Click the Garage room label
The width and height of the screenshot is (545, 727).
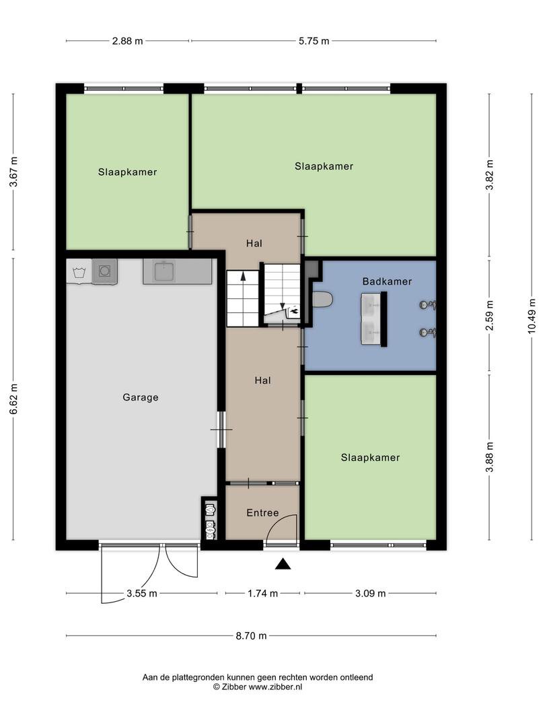click(x=141, y=397)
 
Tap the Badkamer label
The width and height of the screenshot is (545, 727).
click(x=387, y=281)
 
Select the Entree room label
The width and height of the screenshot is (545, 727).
click(x=262, y=513)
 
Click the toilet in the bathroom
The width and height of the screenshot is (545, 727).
click(x=322, y=300)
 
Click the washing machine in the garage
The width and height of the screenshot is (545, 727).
click(x=104, y=271)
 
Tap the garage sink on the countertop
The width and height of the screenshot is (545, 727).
click(x=163, y=271)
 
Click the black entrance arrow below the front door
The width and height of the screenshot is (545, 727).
click(x=283, y=564)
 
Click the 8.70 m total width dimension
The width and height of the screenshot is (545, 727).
click(x=251, y=635)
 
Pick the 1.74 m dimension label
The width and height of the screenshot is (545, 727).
click(x=263, y=593)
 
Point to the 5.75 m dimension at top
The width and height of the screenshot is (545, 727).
click(x=314, y=41)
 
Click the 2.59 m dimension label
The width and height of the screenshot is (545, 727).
click(x=489, y=315)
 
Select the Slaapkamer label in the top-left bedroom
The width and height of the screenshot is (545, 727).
click(x=127, y=172)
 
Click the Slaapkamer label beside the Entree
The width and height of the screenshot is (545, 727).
click(x=370, y=458)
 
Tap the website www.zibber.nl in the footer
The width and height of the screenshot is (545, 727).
click(x=275, y=687)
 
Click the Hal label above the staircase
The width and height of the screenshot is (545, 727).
click(x=254, y=244)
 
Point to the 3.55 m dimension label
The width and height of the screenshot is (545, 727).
click(x=142, y=593)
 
